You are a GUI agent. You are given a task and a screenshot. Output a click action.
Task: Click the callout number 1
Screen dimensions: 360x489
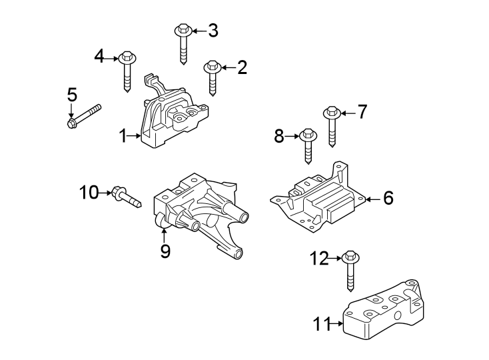pyautogui.click(x=123, y=136)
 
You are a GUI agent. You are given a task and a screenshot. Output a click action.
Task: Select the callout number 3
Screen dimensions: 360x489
pyautogui.click(x=213, y=30)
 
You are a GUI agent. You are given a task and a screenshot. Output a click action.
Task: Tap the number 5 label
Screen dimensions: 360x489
pyautogui.click(x=72, y=95)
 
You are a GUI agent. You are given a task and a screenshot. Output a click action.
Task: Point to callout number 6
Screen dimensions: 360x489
pyautogui.click(x=388, y=198)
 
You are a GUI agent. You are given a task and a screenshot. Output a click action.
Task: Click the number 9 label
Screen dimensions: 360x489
pyautogui.click(x=165, y=251)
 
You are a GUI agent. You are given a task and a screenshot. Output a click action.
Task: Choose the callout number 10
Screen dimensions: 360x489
pyautogui.click(x=89, y=193)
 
